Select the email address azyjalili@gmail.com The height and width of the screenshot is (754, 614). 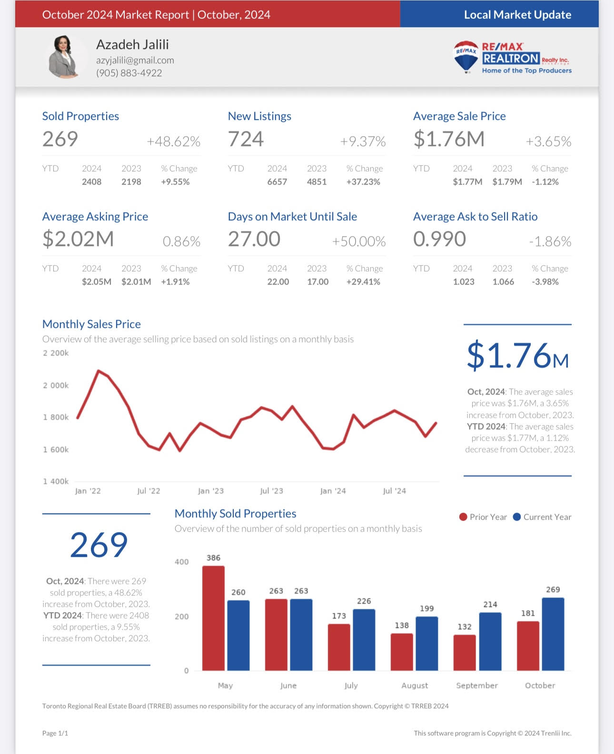tap(135, 60)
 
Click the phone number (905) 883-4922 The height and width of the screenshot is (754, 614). tap(129, 73)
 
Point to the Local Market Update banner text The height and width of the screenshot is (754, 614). tap(517, 15)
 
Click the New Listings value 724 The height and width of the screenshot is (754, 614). tap(246, 139)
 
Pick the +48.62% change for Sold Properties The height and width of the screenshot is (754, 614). tap(173, 141)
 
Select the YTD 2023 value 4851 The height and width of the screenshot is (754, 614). tap(317, 182)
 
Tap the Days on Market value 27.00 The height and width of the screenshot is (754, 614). tap(254, 239)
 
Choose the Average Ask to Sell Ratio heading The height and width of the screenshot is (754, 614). tap(475, 217)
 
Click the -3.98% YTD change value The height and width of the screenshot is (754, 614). tap(545, 282)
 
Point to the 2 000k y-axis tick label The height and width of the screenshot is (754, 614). tap(56, 385)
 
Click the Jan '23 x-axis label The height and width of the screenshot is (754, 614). tap(210, 491)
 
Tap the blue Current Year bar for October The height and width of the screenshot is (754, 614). tap(553, 634)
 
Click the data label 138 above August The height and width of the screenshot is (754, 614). tap(402, 625)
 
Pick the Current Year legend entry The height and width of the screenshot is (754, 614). tap(542, 517)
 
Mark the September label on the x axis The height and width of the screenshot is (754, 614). tap(477, 685)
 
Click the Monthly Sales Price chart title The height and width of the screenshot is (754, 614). tap(91, 324)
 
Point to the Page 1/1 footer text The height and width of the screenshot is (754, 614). tap(55, 733)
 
